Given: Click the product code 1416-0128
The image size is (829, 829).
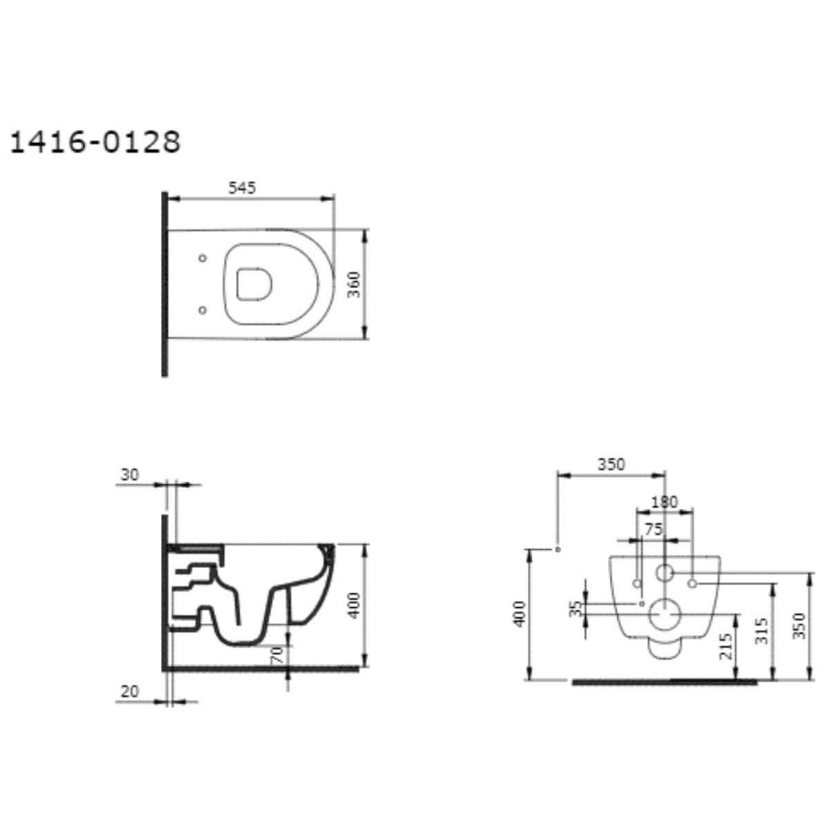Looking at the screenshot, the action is pyautogui.click(x=95, y=142).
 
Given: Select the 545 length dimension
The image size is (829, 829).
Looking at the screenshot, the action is pyautogui.click(x=242, y=188).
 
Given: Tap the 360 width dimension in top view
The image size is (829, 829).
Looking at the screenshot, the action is pyautogui.click(x=354, y=285).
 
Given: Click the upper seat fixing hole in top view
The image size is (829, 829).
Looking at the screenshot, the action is pyautogui.click(x=202, y=258).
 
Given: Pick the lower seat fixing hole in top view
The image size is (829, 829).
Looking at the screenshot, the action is pyautogui.click(x=202, y=309).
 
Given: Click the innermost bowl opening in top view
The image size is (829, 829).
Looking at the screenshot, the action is pyautogui.click(x=254, y=284).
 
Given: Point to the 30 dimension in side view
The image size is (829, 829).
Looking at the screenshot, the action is pyautogui.click(x=129, y=475).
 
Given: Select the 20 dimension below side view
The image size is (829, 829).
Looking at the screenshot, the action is pyautogui.click(x=129, y=692).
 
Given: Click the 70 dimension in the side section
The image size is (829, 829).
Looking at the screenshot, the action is pyautogui.click(x=277, y=655).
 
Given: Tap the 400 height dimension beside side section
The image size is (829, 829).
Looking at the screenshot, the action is pyautogui.click(x=354, y=605).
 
